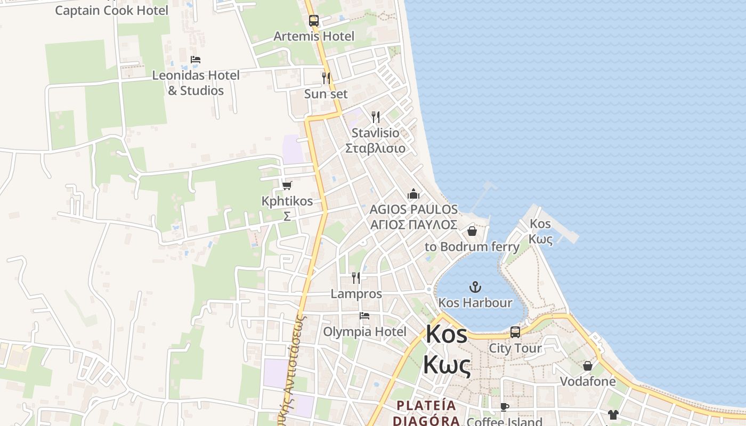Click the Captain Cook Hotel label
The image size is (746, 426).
(111, 10)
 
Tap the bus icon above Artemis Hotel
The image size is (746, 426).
(314, 21)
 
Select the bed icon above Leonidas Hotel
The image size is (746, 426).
(196, 60)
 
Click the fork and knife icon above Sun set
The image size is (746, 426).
(326, 78)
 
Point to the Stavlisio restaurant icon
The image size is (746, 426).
(376, 117)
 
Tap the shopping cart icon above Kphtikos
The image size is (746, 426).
(287, 185)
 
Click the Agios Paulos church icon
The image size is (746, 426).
(413, 194)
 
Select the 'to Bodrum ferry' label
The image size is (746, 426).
(472, 247)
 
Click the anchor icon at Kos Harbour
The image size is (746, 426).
(475, 288)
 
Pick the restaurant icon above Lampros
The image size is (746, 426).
(356, 277)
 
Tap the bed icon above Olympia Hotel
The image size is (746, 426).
(364, 316)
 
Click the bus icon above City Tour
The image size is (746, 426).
(515, 332)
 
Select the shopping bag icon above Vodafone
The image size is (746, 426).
(588, 366)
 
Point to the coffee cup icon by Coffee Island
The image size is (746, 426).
(504, 407)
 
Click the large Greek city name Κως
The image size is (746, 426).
(447, 366)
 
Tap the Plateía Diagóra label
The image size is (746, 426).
(426, 413)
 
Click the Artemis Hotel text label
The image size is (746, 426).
(314, 36)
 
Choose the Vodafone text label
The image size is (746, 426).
(588, 381)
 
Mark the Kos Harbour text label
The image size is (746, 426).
(475, 302)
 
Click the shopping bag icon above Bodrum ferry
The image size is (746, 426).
(472, 231)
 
